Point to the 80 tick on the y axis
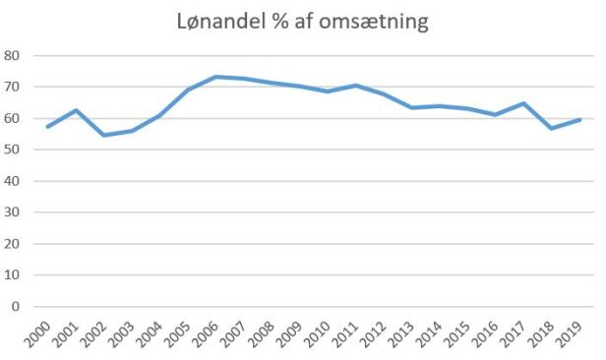[x=13, y=56]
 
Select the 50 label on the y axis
[x=13, y=150]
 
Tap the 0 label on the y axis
[x=17, y=306]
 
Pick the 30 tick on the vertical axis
[x=13, y=212]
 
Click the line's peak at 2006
[x=216, y=77]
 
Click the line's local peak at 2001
[x=76, y=110]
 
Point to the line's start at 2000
[x=47, y=126]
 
